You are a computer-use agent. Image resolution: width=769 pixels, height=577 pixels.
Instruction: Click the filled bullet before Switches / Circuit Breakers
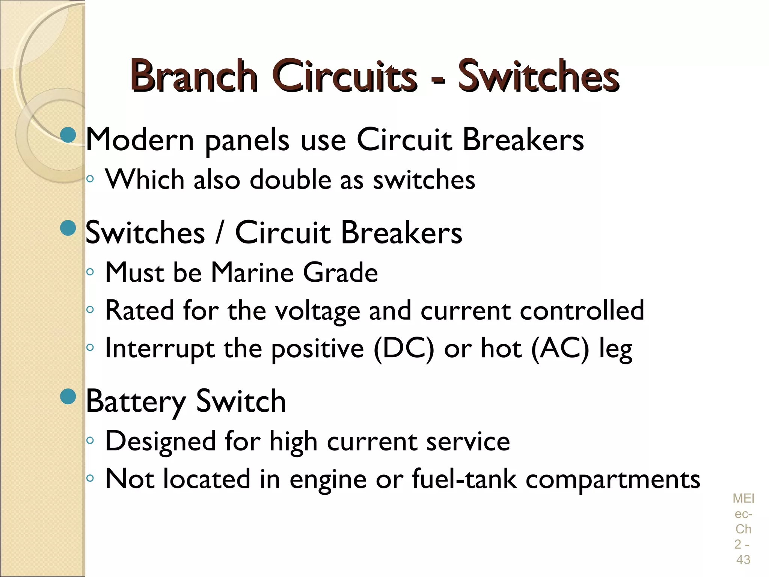68,228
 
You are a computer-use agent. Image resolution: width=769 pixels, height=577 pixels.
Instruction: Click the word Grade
340,272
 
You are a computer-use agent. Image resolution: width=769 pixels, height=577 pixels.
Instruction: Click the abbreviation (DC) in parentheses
404,349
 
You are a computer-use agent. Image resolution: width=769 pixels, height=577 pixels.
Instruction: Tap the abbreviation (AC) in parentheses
561,349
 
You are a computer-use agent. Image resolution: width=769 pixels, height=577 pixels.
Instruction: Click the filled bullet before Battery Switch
68,396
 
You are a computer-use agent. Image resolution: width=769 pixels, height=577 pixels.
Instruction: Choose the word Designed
160,441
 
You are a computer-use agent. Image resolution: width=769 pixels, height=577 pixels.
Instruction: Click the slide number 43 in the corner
743,559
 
